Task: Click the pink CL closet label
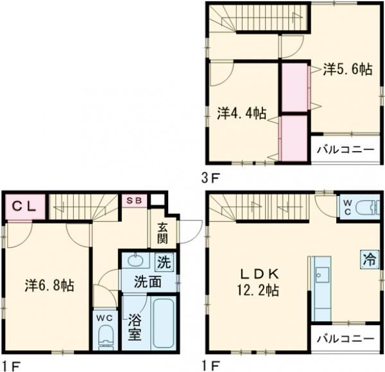26,207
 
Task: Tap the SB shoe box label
135,200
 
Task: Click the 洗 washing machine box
165,261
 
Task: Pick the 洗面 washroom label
147,281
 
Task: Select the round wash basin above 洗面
135,260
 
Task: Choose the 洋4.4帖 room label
241,113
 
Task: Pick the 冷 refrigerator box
369,260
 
